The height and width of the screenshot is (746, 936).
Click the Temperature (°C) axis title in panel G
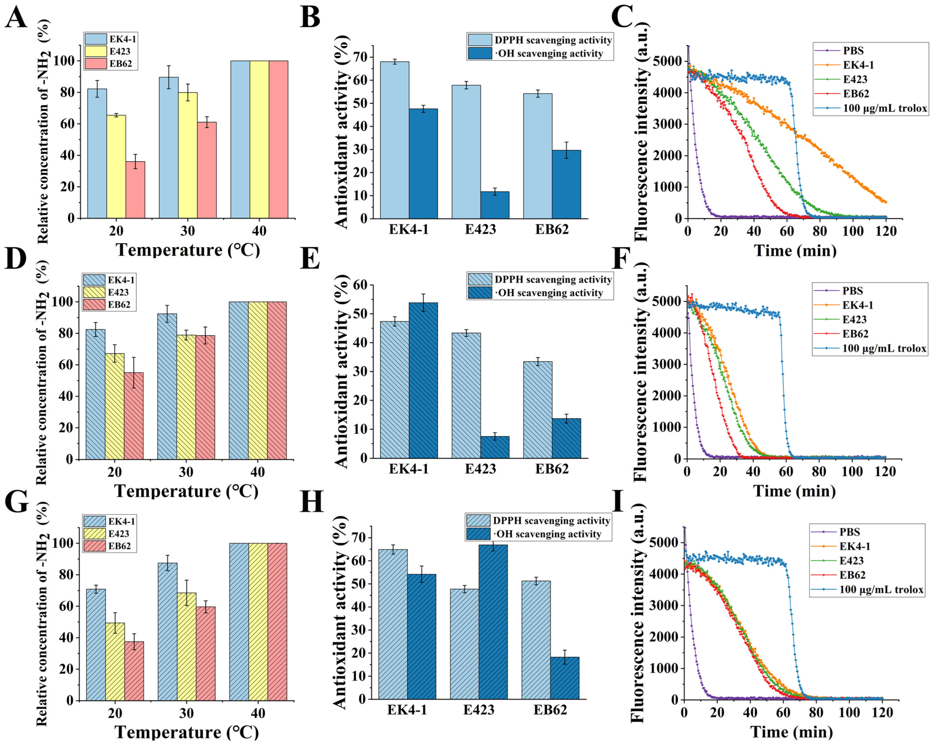187,732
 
